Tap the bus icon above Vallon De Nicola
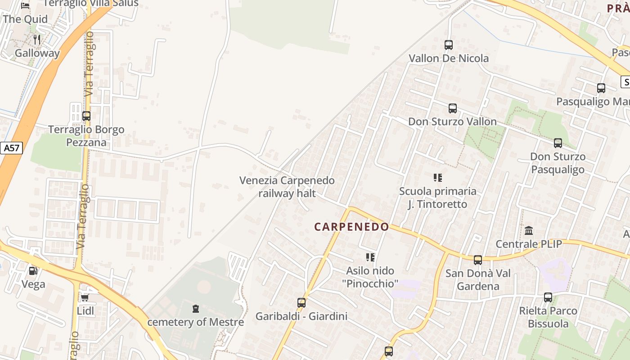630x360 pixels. (449, 45)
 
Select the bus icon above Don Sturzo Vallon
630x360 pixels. (453, 108)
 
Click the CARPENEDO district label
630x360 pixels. (351, 227)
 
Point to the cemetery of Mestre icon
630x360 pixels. (196, 309)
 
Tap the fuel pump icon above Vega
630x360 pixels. (33, 271)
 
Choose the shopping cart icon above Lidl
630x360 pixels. (85, 297)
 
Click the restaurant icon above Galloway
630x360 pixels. (37, 40)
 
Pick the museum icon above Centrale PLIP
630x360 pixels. (529, 231)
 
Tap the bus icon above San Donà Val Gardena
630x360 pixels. (478, 260)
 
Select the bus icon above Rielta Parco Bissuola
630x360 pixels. (548, 297)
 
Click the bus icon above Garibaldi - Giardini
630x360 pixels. (301, 303)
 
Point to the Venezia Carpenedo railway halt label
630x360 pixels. (287, 187)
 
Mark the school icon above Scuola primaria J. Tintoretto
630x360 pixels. (438, 178)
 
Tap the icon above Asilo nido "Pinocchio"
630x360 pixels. (370, 257)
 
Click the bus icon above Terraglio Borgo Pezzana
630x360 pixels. (86, 116)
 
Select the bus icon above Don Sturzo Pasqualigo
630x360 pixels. (558, 143)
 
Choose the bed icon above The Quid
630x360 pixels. (25, 5)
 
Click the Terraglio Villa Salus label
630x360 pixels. (91, 4)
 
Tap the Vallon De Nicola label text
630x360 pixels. (449, 58)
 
